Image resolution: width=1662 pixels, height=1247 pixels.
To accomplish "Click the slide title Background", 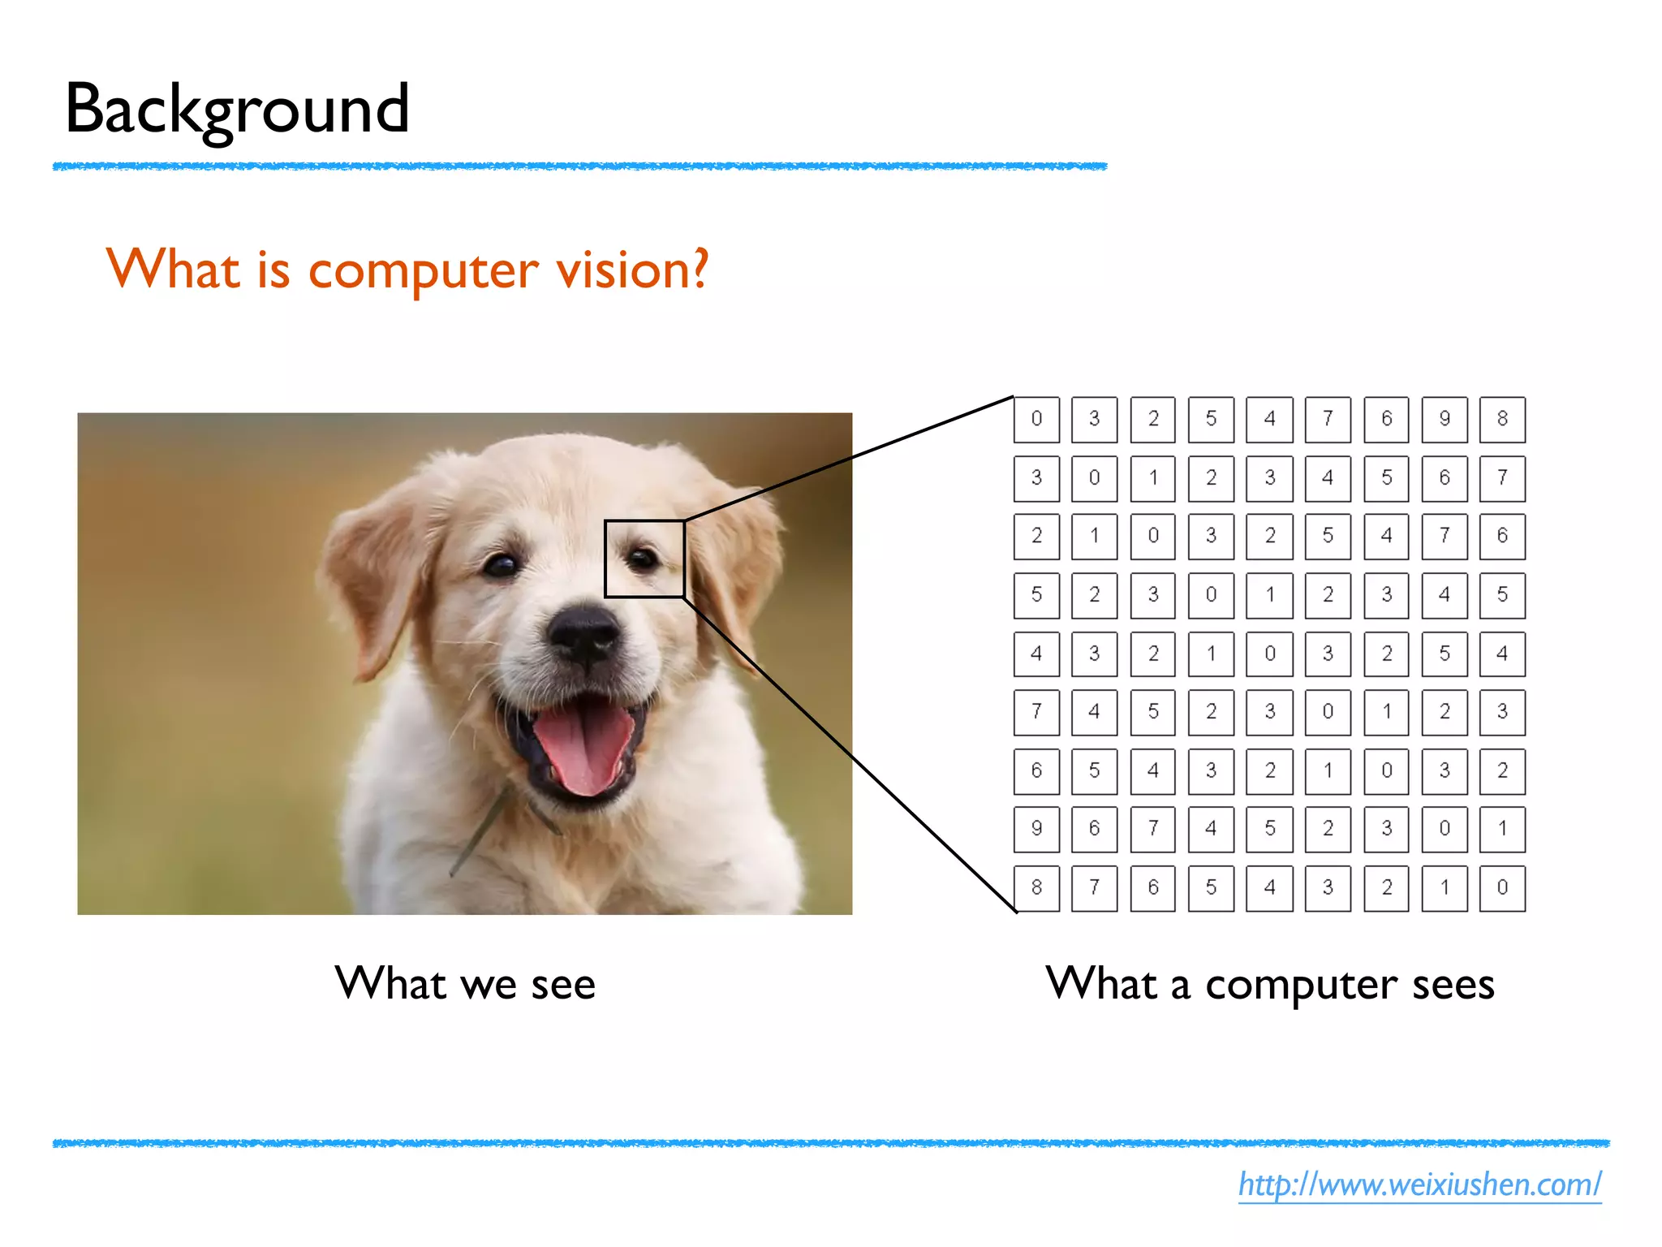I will tap(237, 110).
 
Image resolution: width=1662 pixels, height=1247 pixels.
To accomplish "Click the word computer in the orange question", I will tap(423, 270).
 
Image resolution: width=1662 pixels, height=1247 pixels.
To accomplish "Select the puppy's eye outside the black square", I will tap(501, 564).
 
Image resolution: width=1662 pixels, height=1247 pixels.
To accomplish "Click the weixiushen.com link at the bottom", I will tap(1419, 1184).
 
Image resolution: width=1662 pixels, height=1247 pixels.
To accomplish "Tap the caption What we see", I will tap(465, 984).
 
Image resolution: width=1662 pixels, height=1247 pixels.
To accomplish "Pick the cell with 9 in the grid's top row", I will tap(1445, 419).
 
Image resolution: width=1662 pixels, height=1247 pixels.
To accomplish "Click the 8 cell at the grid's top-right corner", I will tap(1502, 419).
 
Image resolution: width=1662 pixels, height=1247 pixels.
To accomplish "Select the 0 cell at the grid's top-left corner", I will tap(1036, 419).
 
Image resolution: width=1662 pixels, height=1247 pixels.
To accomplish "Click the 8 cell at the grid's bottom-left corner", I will tap(1036, 887).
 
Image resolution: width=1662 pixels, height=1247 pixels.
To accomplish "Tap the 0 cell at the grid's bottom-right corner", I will tap(1502, 887).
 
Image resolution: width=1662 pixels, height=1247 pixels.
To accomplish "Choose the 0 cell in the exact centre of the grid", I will tap(1269, 654).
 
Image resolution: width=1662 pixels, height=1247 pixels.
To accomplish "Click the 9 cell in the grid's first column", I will tap(1036, 829).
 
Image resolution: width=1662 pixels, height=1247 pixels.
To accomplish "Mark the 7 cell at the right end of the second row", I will tap(1502, 477).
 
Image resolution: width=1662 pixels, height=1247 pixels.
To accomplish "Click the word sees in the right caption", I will tap(1453, 985).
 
